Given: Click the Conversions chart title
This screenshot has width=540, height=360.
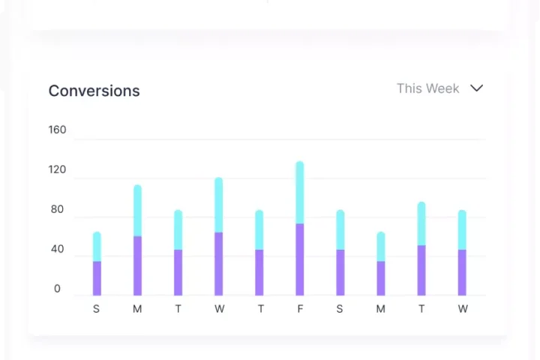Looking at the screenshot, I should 94,91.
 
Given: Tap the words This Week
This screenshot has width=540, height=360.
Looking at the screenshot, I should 427,88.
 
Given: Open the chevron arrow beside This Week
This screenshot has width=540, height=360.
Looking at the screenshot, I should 476,88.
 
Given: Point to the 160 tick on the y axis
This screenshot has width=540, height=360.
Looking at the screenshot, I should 57,130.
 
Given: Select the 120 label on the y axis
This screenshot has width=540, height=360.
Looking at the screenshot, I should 57,169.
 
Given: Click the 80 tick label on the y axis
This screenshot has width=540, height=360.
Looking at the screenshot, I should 57,209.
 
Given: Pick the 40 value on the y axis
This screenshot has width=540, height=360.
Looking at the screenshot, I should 57,249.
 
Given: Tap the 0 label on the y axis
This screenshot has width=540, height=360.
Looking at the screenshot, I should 57,289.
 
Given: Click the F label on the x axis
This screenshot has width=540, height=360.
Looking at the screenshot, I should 300,309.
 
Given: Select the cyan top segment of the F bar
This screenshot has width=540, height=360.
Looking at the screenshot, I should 300,193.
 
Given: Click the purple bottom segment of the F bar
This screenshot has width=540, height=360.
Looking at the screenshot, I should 300,259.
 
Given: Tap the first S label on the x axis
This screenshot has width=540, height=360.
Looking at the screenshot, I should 97,309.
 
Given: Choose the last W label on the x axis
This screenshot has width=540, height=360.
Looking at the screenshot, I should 463,309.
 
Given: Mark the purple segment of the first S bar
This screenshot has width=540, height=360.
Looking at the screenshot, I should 97,278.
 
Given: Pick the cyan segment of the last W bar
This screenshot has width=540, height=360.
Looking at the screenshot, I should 462,230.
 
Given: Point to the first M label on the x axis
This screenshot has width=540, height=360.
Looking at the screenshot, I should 137,309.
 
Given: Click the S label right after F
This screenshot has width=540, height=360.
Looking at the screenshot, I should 340,309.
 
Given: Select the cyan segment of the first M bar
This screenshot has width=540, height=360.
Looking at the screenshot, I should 137,211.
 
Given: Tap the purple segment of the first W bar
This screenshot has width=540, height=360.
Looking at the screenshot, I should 219,264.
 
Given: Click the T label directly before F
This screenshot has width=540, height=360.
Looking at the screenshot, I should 259,309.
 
